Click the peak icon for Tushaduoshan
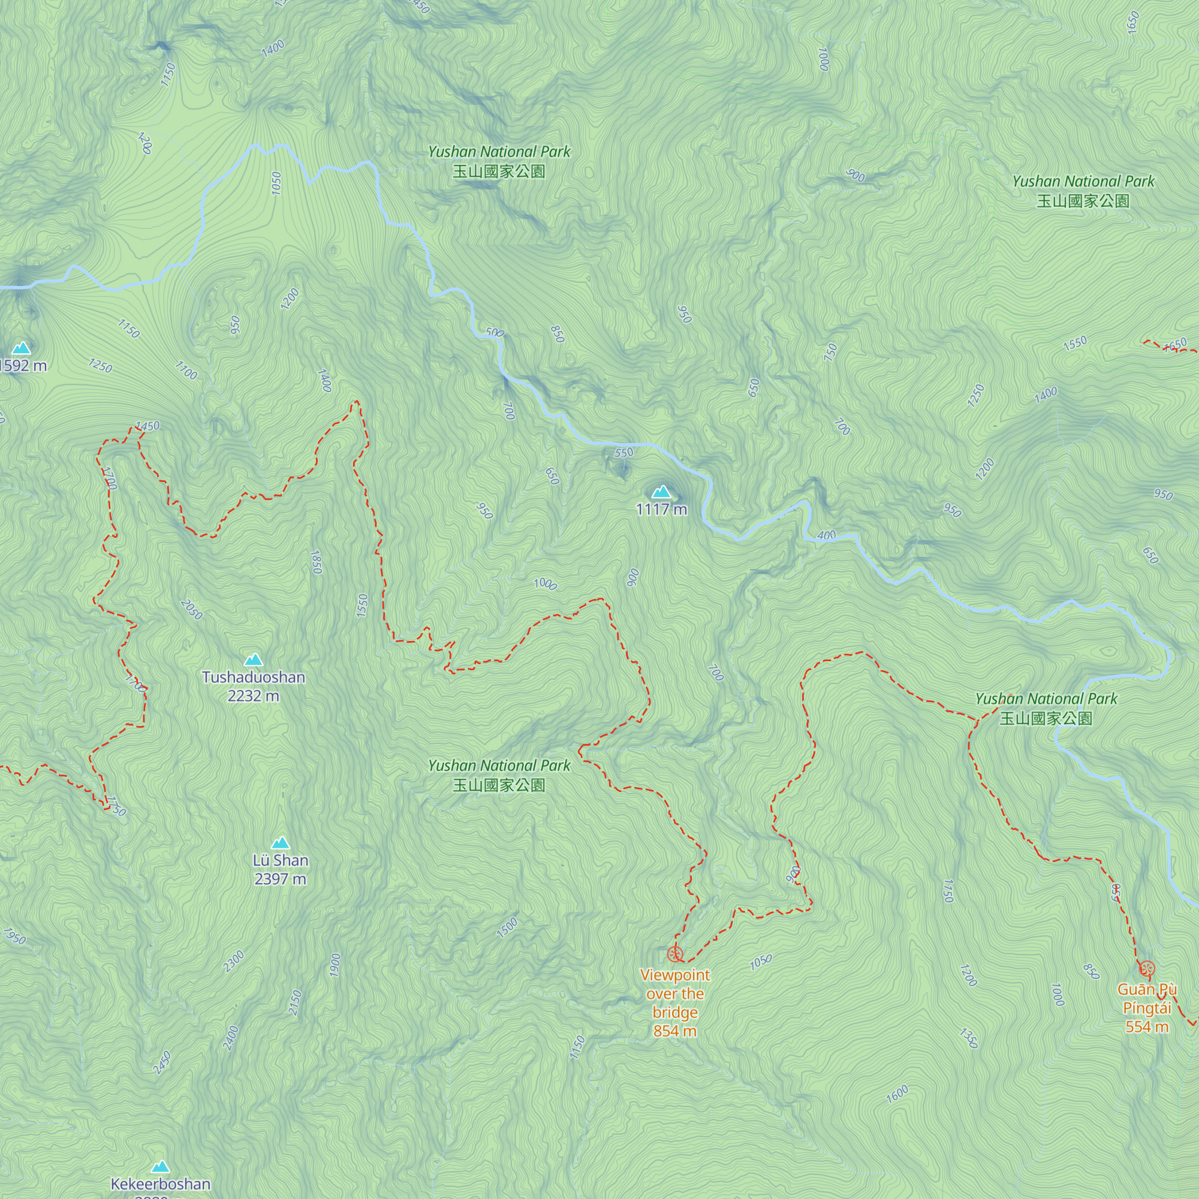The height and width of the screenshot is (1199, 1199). (253, 659)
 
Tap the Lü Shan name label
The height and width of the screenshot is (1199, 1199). (281, 860)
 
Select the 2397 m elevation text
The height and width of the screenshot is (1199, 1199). (281, 879)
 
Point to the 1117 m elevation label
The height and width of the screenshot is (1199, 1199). (662, 510)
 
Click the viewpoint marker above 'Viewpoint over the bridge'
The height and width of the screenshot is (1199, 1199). (675, 954)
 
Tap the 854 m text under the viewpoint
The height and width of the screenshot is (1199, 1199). (674, 1031)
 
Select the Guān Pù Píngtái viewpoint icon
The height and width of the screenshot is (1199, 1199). (1147, 968)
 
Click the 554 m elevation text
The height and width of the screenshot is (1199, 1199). (1147, 1026)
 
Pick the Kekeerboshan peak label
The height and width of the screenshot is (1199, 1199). (161, 1184)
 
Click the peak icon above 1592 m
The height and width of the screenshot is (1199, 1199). (22, 348)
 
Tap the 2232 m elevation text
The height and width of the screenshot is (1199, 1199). (253, 695)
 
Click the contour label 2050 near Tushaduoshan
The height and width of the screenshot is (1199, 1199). (191, 610)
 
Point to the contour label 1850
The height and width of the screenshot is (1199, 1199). (316, 562)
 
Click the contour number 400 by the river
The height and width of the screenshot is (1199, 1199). (827, 535)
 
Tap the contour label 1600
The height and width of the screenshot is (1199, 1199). (897, 1094)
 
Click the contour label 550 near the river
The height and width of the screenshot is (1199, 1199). (623, 453)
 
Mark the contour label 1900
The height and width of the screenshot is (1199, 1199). (335, 965)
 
